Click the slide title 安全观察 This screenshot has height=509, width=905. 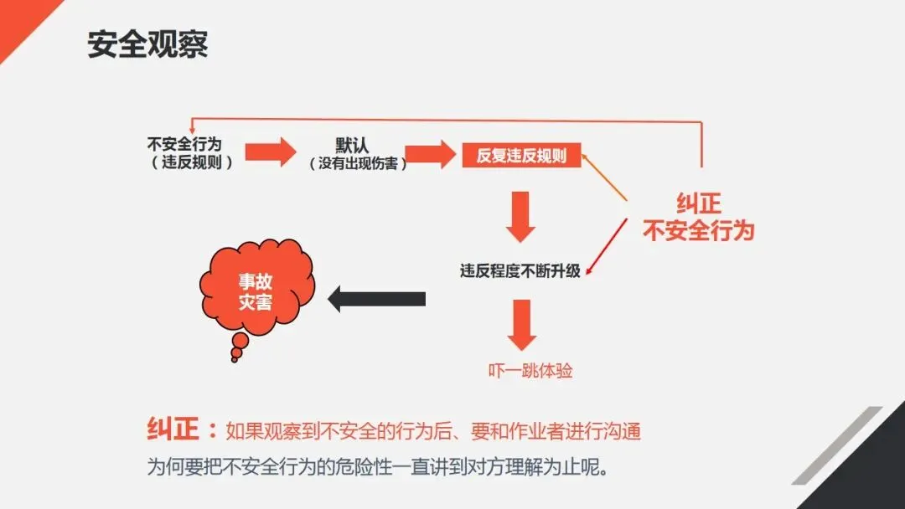coord(147,44)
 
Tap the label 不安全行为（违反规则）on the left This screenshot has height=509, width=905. coord(190,152)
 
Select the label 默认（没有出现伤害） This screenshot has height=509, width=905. coord(358,152)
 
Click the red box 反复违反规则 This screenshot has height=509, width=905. coord(521,155)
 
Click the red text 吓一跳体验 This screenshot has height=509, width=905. coord(530,370)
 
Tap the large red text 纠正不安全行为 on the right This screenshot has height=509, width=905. coord(698,218)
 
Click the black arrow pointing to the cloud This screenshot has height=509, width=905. coord(376,298)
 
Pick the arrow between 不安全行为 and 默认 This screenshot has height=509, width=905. coord(271,152)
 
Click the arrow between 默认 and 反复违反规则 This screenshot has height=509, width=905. coord(429,153)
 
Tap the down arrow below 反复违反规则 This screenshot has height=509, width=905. coord(522,216)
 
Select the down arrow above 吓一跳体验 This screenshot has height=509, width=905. coord(522,324)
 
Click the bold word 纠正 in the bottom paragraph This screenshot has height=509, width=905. coord(173,429)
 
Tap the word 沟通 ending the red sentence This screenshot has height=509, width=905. coord(621,432)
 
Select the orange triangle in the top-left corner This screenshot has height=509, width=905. coord(21,21)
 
